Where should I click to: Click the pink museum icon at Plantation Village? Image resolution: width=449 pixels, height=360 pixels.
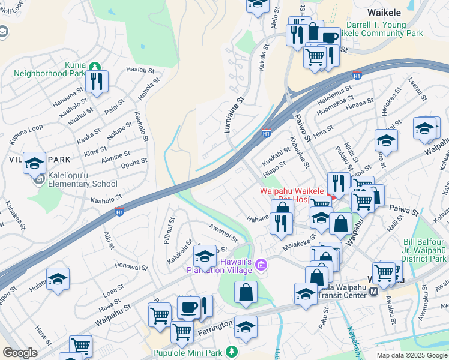tap(261, 265)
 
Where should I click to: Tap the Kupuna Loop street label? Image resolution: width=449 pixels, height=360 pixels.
tap(26, 137)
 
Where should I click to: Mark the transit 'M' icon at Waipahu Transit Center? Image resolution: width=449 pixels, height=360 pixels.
tap(373, 291)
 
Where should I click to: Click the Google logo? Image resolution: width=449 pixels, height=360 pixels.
tap(20, 353)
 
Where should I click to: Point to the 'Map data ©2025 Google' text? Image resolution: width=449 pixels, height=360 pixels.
tap(411, 355)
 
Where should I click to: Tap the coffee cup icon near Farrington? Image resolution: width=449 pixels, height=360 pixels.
tap(188, 307)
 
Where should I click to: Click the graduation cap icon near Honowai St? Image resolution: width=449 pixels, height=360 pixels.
tap(58, 278)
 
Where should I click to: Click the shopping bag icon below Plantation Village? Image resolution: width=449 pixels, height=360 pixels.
tap(246, 292)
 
